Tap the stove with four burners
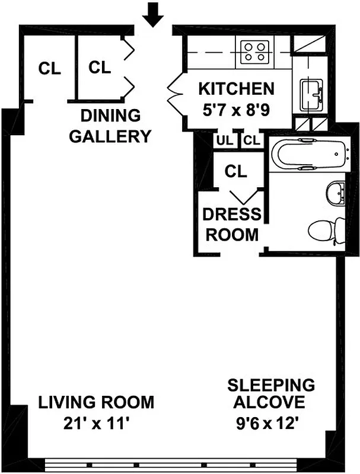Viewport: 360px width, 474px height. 254,50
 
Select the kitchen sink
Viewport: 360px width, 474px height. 311,95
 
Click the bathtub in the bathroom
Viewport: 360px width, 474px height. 308,155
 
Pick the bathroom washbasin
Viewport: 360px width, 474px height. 334,193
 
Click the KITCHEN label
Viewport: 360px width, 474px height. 236,89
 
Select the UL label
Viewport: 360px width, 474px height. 225,141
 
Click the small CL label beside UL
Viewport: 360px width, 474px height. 251,141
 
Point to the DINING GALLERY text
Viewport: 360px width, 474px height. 110,126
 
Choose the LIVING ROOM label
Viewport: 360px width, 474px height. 96,402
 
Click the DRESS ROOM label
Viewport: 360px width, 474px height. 231,224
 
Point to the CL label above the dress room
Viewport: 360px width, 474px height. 235,172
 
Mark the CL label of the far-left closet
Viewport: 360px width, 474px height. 50,69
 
